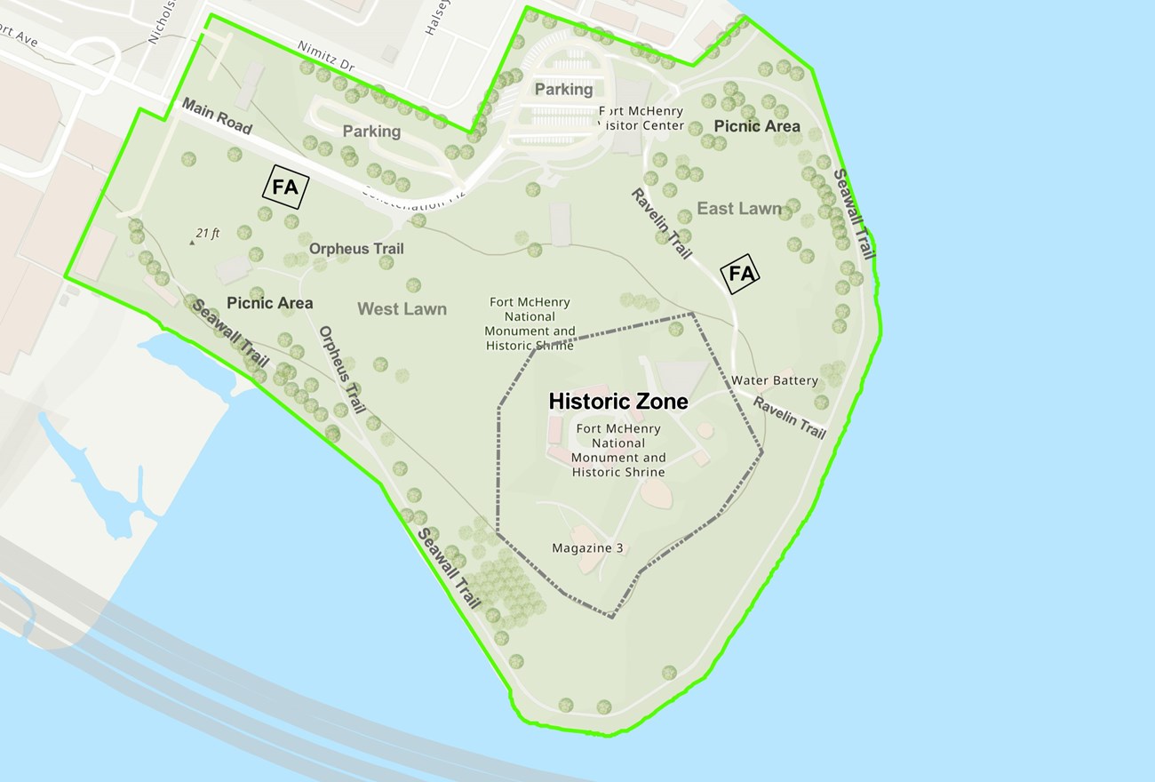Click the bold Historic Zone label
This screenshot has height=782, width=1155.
coord(618,402)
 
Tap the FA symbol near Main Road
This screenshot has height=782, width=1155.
coord(285,188)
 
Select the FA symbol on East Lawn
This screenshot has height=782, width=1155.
coord(740,274)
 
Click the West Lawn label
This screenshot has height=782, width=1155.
coord(402,309)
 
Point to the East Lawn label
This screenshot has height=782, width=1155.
coord(739,209)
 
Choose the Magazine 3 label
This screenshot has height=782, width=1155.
coord(587,547)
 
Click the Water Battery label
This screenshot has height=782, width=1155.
coord(775,380)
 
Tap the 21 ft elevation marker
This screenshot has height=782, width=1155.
coord(203,235)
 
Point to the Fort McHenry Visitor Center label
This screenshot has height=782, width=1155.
coord(641,118)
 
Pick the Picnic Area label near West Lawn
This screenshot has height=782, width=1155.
coord(269,303)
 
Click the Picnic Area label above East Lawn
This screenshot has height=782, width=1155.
coord(757,126)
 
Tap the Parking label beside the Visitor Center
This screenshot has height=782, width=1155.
coord(563,89)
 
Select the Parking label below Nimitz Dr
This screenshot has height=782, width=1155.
coord(371,132)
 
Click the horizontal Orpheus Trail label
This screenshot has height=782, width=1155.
coord(356,249)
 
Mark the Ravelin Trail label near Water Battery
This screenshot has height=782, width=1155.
coord(790,417)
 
